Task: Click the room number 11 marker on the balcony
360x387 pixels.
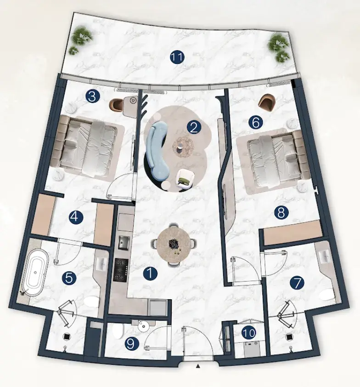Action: pos(177,57)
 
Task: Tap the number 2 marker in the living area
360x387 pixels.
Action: pos(194,128)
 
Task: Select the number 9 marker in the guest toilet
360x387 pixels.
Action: pos(132,343)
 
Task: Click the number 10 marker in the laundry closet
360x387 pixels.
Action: pos(249,333)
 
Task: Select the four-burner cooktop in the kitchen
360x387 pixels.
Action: pos(121,269)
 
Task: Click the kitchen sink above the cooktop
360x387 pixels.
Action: pos(123,243)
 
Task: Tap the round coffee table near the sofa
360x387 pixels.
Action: pos(183,147)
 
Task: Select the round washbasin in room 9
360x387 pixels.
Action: pos(143,326)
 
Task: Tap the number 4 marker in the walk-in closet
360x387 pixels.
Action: pos(76,217)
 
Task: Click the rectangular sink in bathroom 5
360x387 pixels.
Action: pos(102,262)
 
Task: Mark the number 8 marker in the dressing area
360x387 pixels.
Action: pos(281,212)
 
